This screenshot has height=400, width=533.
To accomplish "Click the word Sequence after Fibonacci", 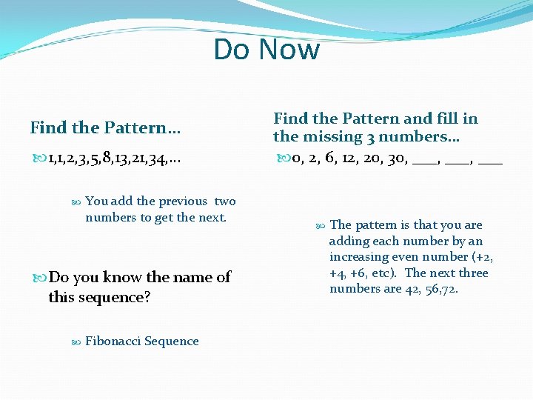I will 172,341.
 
